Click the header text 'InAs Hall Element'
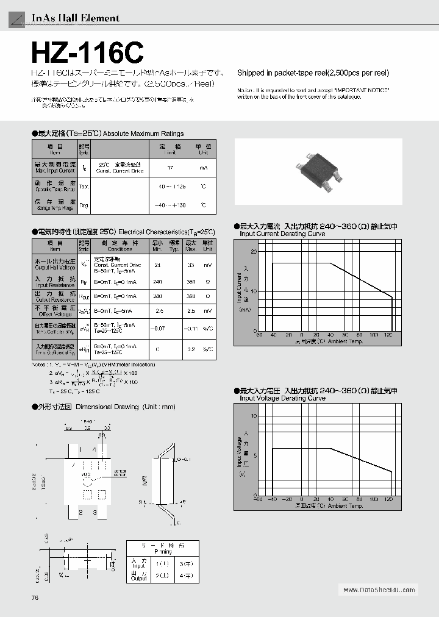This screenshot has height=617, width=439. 75,18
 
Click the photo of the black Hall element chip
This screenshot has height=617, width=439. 318,172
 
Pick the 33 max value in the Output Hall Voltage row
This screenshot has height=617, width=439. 191,265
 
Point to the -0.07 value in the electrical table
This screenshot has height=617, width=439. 158,329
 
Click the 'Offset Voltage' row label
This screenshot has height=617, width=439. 55,314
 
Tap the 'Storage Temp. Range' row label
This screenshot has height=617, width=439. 55,209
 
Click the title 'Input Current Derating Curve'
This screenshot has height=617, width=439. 282,234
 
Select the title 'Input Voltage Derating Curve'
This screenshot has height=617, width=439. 282,398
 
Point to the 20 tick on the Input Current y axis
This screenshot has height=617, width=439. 254,251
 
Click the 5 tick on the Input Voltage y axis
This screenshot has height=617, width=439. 255,455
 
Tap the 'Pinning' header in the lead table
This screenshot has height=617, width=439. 162,551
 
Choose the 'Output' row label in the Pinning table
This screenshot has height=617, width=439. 139,578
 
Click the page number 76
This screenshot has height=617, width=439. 35,597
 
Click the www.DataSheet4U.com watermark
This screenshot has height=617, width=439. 378,590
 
